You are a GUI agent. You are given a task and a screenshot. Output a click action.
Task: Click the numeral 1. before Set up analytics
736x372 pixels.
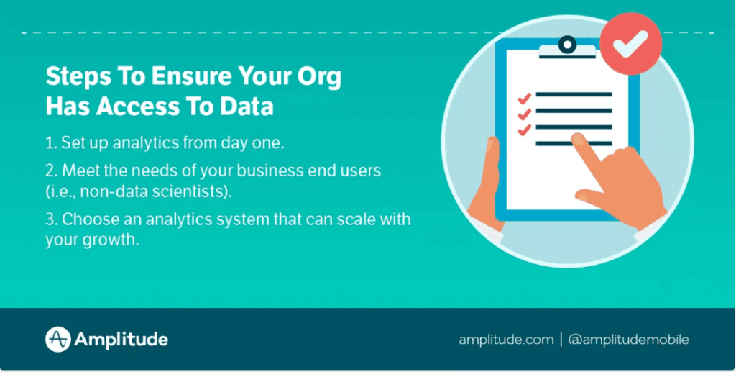50,142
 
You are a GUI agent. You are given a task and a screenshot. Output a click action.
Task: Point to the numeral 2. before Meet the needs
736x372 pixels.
51,171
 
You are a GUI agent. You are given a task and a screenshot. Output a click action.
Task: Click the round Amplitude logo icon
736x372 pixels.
57,340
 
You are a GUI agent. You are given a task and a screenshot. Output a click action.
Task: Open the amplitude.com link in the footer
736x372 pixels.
506,340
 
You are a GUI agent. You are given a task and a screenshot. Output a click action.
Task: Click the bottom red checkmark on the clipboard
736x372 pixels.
524,129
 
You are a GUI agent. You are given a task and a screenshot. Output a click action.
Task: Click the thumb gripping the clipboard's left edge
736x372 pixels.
492,173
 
